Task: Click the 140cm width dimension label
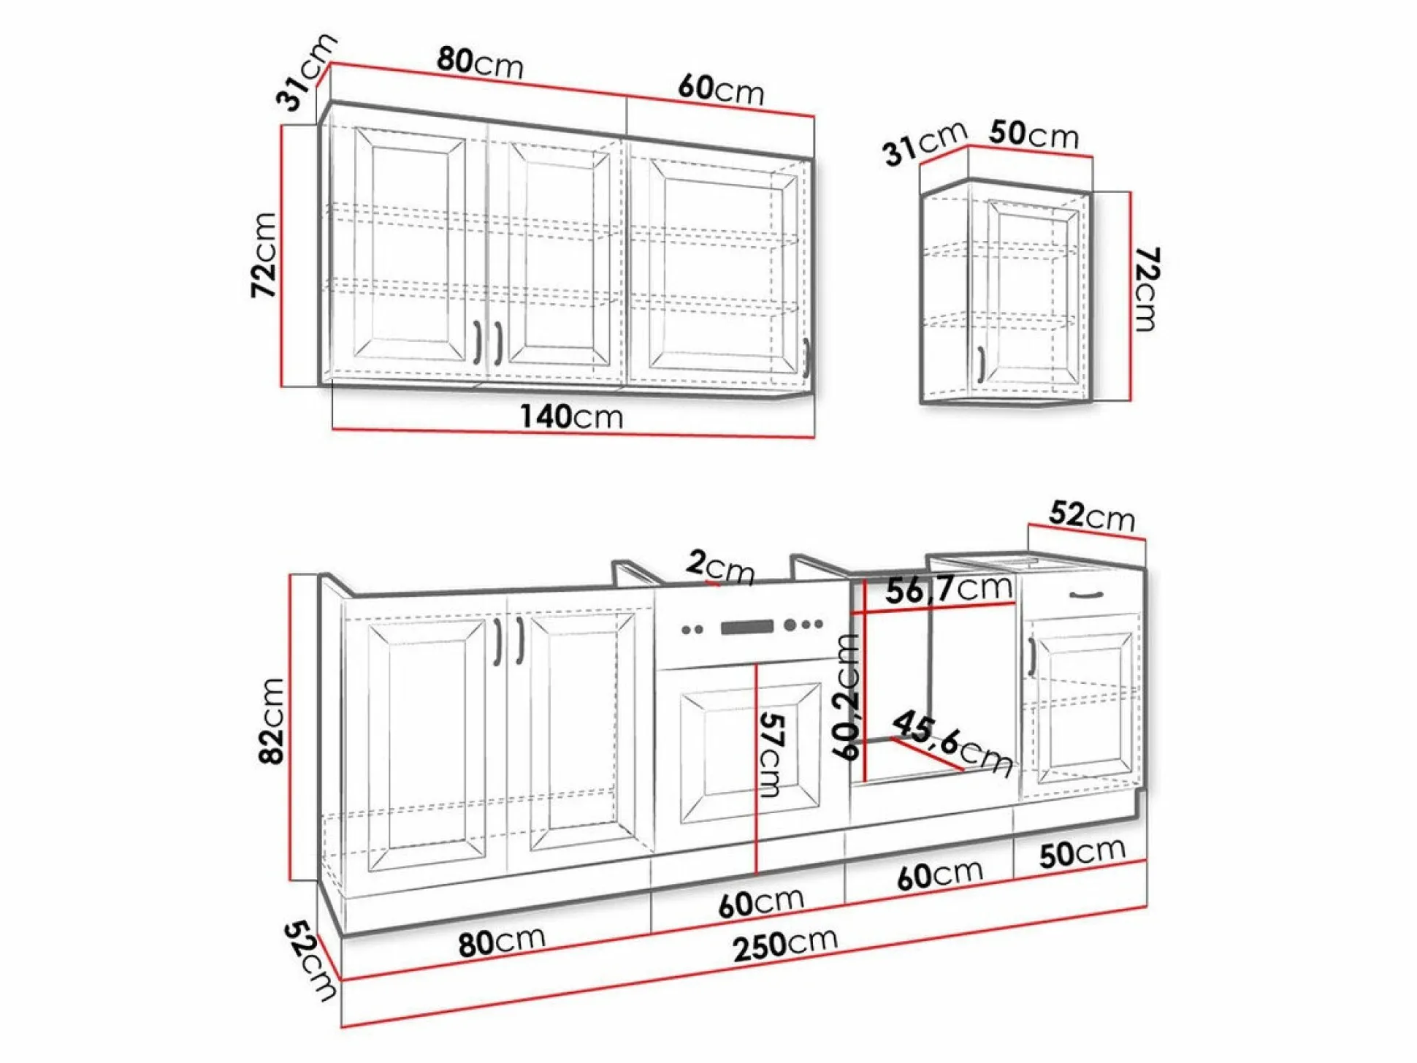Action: [x=571, y=416]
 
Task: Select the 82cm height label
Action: [x=271, y=720]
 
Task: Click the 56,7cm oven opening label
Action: [x=949, y=589]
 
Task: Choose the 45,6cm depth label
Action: [x=952, y=743]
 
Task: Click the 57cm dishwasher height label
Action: [x=771, y=755]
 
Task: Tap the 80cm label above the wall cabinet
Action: [x=480, y=62]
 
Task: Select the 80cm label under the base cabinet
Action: [x=501, y=942]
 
